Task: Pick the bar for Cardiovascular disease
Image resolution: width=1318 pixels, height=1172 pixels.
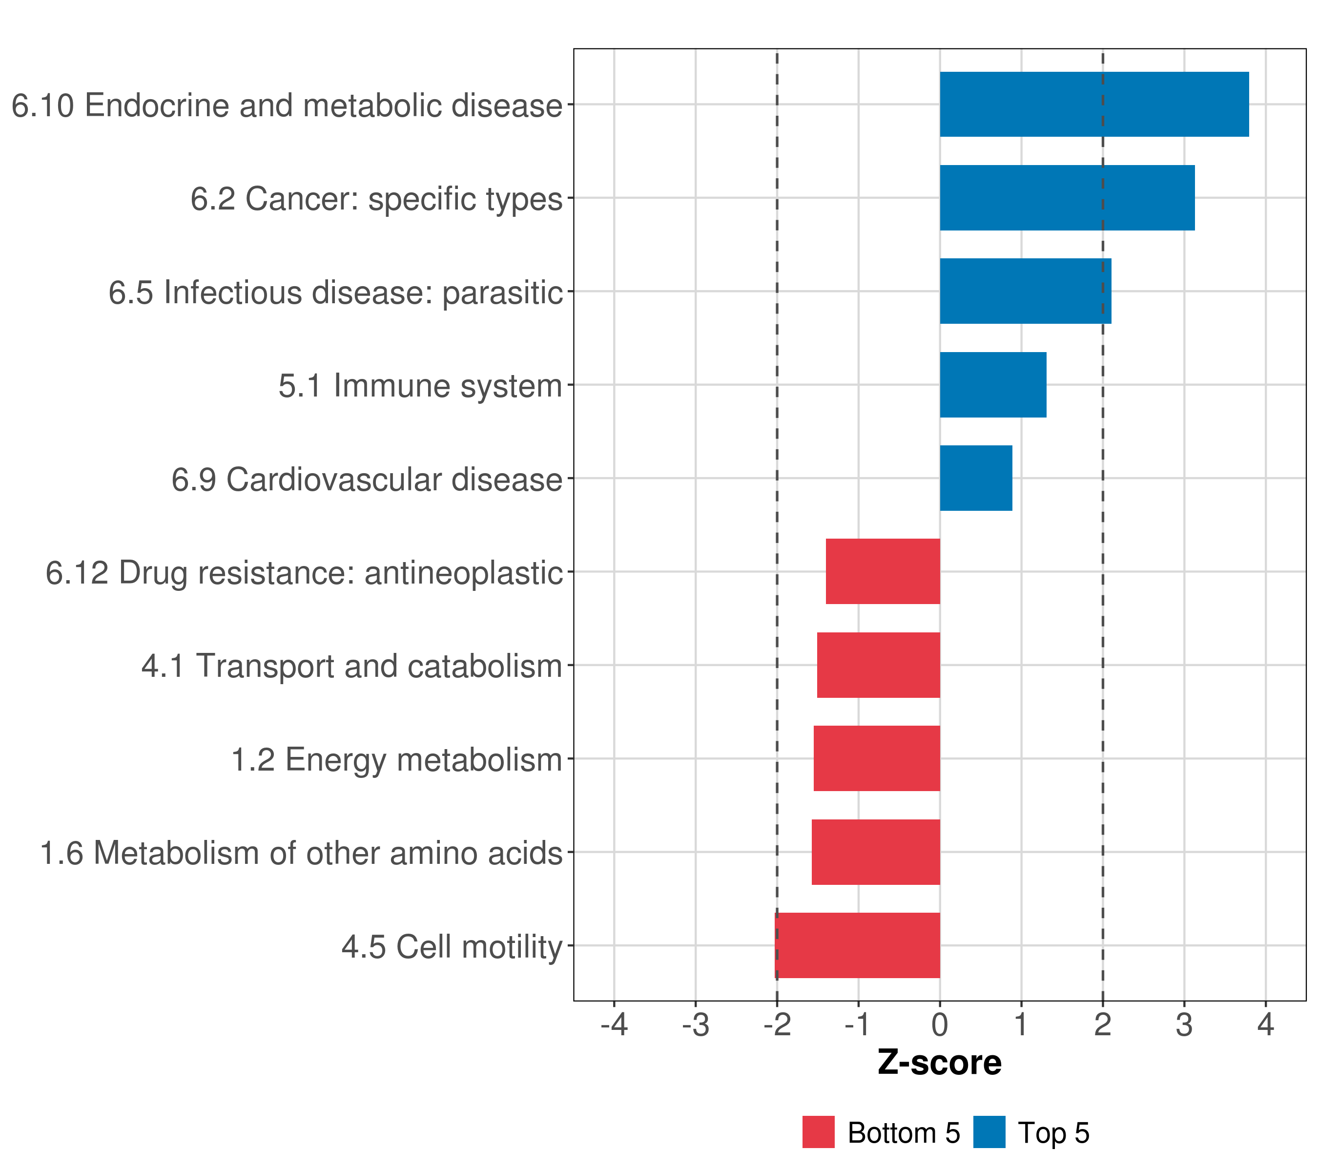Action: coord(976,478)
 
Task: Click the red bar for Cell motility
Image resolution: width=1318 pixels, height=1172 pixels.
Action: coord(857,945)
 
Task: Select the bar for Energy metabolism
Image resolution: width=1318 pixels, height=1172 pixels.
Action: coord(876,758)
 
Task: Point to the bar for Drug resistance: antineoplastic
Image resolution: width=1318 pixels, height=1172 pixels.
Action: coord(882,571)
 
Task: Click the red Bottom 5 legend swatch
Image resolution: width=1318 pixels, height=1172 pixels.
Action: coord(818,1132)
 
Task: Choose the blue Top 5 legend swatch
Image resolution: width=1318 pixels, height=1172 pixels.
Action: coord(988,1132)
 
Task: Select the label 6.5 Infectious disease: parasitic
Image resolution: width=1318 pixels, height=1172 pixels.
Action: coord(335,292)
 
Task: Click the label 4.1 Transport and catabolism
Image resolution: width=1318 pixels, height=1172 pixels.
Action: coord(351,666)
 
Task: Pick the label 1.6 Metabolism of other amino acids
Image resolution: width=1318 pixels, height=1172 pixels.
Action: coord(301,853)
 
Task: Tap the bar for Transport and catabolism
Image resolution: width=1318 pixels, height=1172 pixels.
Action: coord(878,665)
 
